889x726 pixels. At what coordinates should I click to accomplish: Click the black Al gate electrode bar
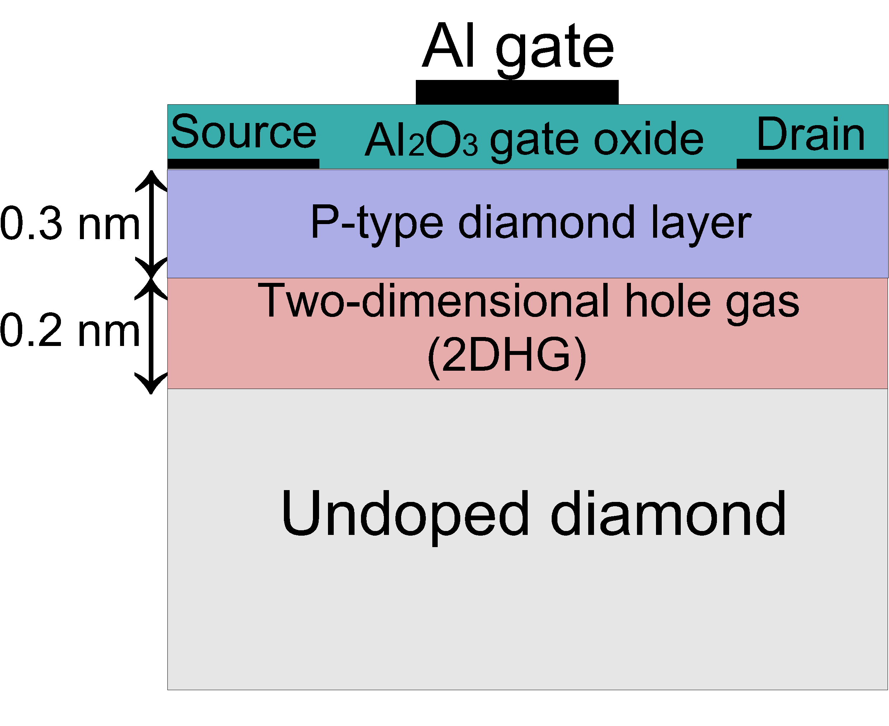(517, 92)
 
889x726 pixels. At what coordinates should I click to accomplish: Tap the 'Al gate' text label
(518, 49)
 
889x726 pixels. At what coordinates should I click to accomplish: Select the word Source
(244, 132)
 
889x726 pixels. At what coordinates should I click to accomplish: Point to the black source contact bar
(243, 163)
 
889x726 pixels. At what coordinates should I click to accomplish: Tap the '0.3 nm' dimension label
(70, 223)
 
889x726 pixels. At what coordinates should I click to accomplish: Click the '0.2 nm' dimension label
(70, 331)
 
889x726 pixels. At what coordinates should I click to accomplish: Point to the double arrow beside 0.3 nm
(151, 224)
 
